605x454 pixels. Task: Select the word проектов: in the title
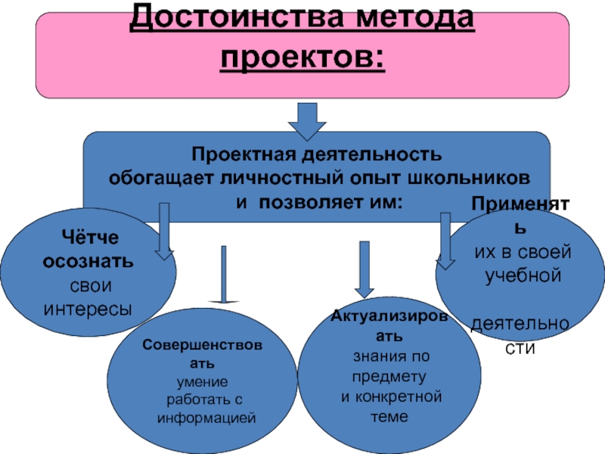click(302, 59)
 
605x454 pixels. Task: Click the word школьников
click(468, 178)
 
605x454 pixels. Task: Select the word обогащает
click(161, 179)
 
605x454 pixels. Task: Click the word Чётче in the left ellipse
click(90, 237)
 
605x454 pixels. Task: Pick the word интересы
click(88, 309)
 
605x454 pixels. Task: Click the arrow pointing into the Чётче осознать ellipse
click(164, 232)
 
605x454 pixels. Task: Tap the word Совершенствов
click(202, 345)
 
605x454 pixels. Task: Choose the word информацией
click(206, 418)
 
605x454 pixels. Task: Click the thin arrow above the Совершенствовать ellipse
click(223, 275)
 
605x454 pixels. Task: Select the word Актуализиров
click(389, 316)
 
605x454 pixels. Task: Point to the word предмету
click(389, 377)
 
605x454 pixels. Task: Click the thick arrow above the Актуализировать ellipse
click(365, 269)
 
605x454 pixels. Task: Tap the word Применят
click(520, 204)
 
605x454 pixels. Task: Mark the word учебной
click(523, 275)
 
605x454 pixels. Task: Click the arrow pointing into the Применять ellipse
click(445, 241)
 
